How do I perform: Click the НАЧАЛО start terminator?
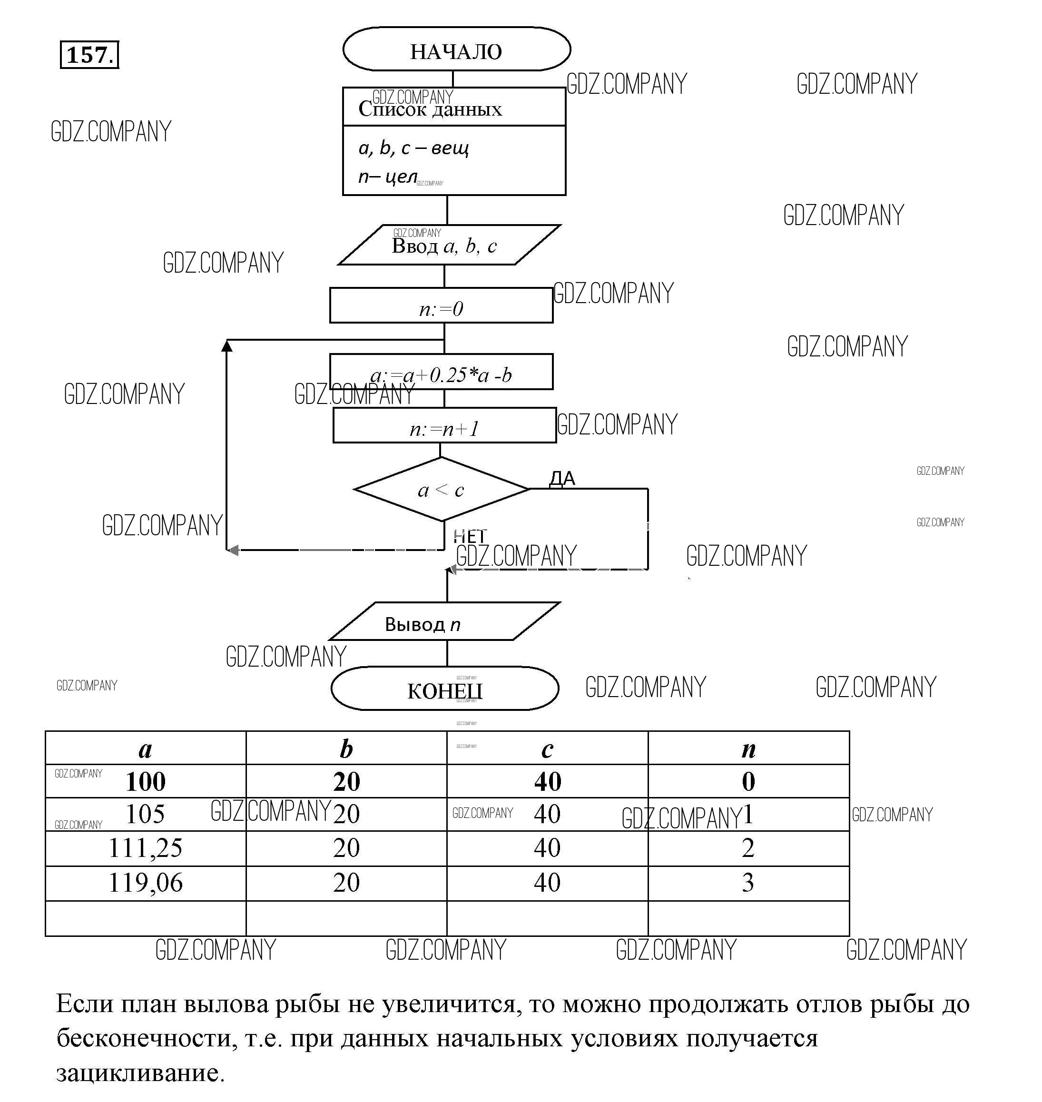tap(456, 50)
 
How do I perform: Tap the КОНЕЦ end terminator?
tap(445, 689)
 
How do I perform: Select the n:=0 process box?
tap(441, 306)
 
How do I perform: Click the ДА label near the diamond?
tap(562, 478)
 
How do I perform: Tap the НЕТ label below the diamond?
tap(469, 537)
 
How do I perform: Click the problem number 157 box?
tap(89, 55)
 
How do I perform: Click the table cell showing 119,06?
tap(146, 883)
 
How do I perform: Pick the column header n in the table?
tap(748, 749)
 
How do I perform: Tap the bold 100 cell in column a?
tap(146, 781)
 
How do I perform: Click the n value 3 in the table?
tap(747, 883)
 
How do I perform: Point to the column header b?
tap(346, 749)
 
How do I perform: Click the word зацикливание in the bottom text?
tap(140, 1072)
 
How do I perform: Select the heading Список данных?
tap(430, 109)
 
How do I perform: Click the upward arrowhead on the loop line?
tap(226, 346)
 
